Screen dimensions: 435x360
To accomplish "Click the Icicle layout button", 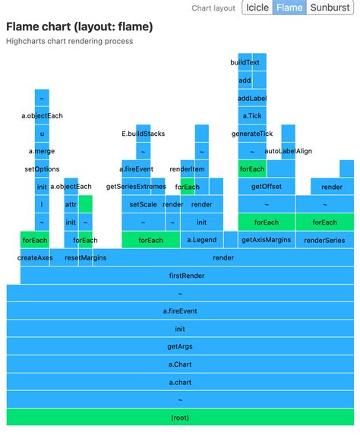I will (257, 8).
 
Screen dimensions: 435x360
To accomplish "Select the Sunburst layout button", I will (330, 8).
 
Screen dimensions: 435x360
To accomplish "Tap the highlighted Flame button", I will (289, 8).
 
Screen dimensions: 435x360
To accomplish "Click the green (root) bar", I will (180, 418).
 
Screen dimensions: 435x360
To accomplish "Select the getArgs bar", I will (180, 346).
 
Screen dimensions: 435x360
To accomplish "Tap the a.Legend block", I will (201, 240).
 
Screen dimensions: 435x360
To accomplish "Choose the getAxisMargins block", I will (266, 240).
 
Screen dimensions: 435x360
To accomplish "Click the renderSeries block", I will (324, 240).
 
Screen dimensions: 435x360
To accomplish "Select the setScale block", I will (143, 204).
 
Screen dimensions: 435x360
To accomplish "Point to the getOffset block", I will (266, 187).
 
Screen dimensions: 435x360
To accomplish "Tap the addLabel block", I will (251, 98).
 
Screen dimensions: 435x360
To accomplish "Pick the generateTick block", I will (251, 134).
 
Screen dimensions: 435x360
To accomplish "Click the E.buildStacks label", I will (143, 134).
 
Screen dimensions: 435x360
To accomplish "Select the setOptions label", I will (42, 169).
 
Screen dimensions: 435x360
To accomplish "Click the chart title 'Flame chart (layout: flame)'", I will (79, 27).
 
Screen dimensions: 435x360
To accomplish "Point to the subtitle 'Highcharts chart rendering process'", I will (69, 41).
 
